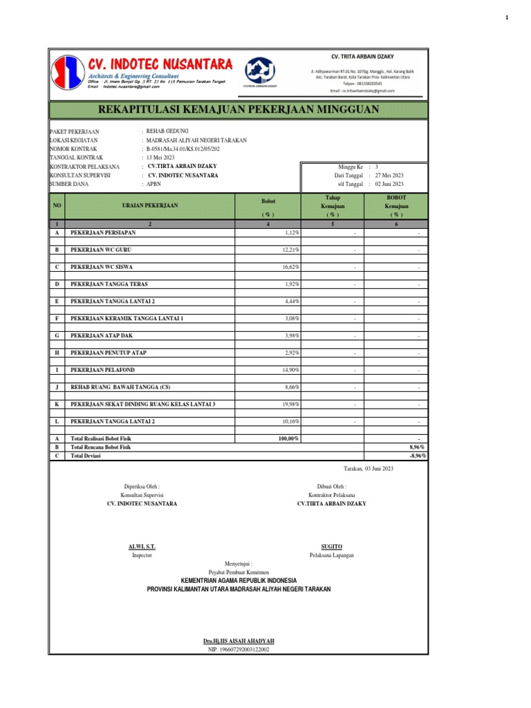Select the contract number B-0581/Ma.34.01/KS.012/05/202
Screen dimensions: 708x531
click(x=183, y=149)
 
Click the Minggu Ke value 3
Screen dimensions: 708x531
click(x=377, y=167)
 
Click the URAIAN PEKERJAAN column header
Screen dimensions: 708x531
click(x=150, y=205)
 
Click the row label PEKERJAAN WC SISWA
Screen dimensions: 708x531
click(x=102, y=266)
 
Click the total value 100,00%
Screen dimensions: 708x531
click(x=288, y=439)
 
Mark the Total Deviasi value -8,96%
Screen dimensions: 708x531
click(x=418, y=456)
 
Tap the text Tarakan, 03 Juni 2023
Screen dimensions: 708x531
click(x=368, y=469)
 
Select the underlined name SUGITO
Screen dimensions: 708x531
click(x=332, y=546)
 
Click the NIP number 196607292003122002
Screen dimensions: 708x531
click(x=239, y=650)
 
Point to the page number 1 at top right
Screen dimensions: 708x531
click(x=507, y=17)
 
